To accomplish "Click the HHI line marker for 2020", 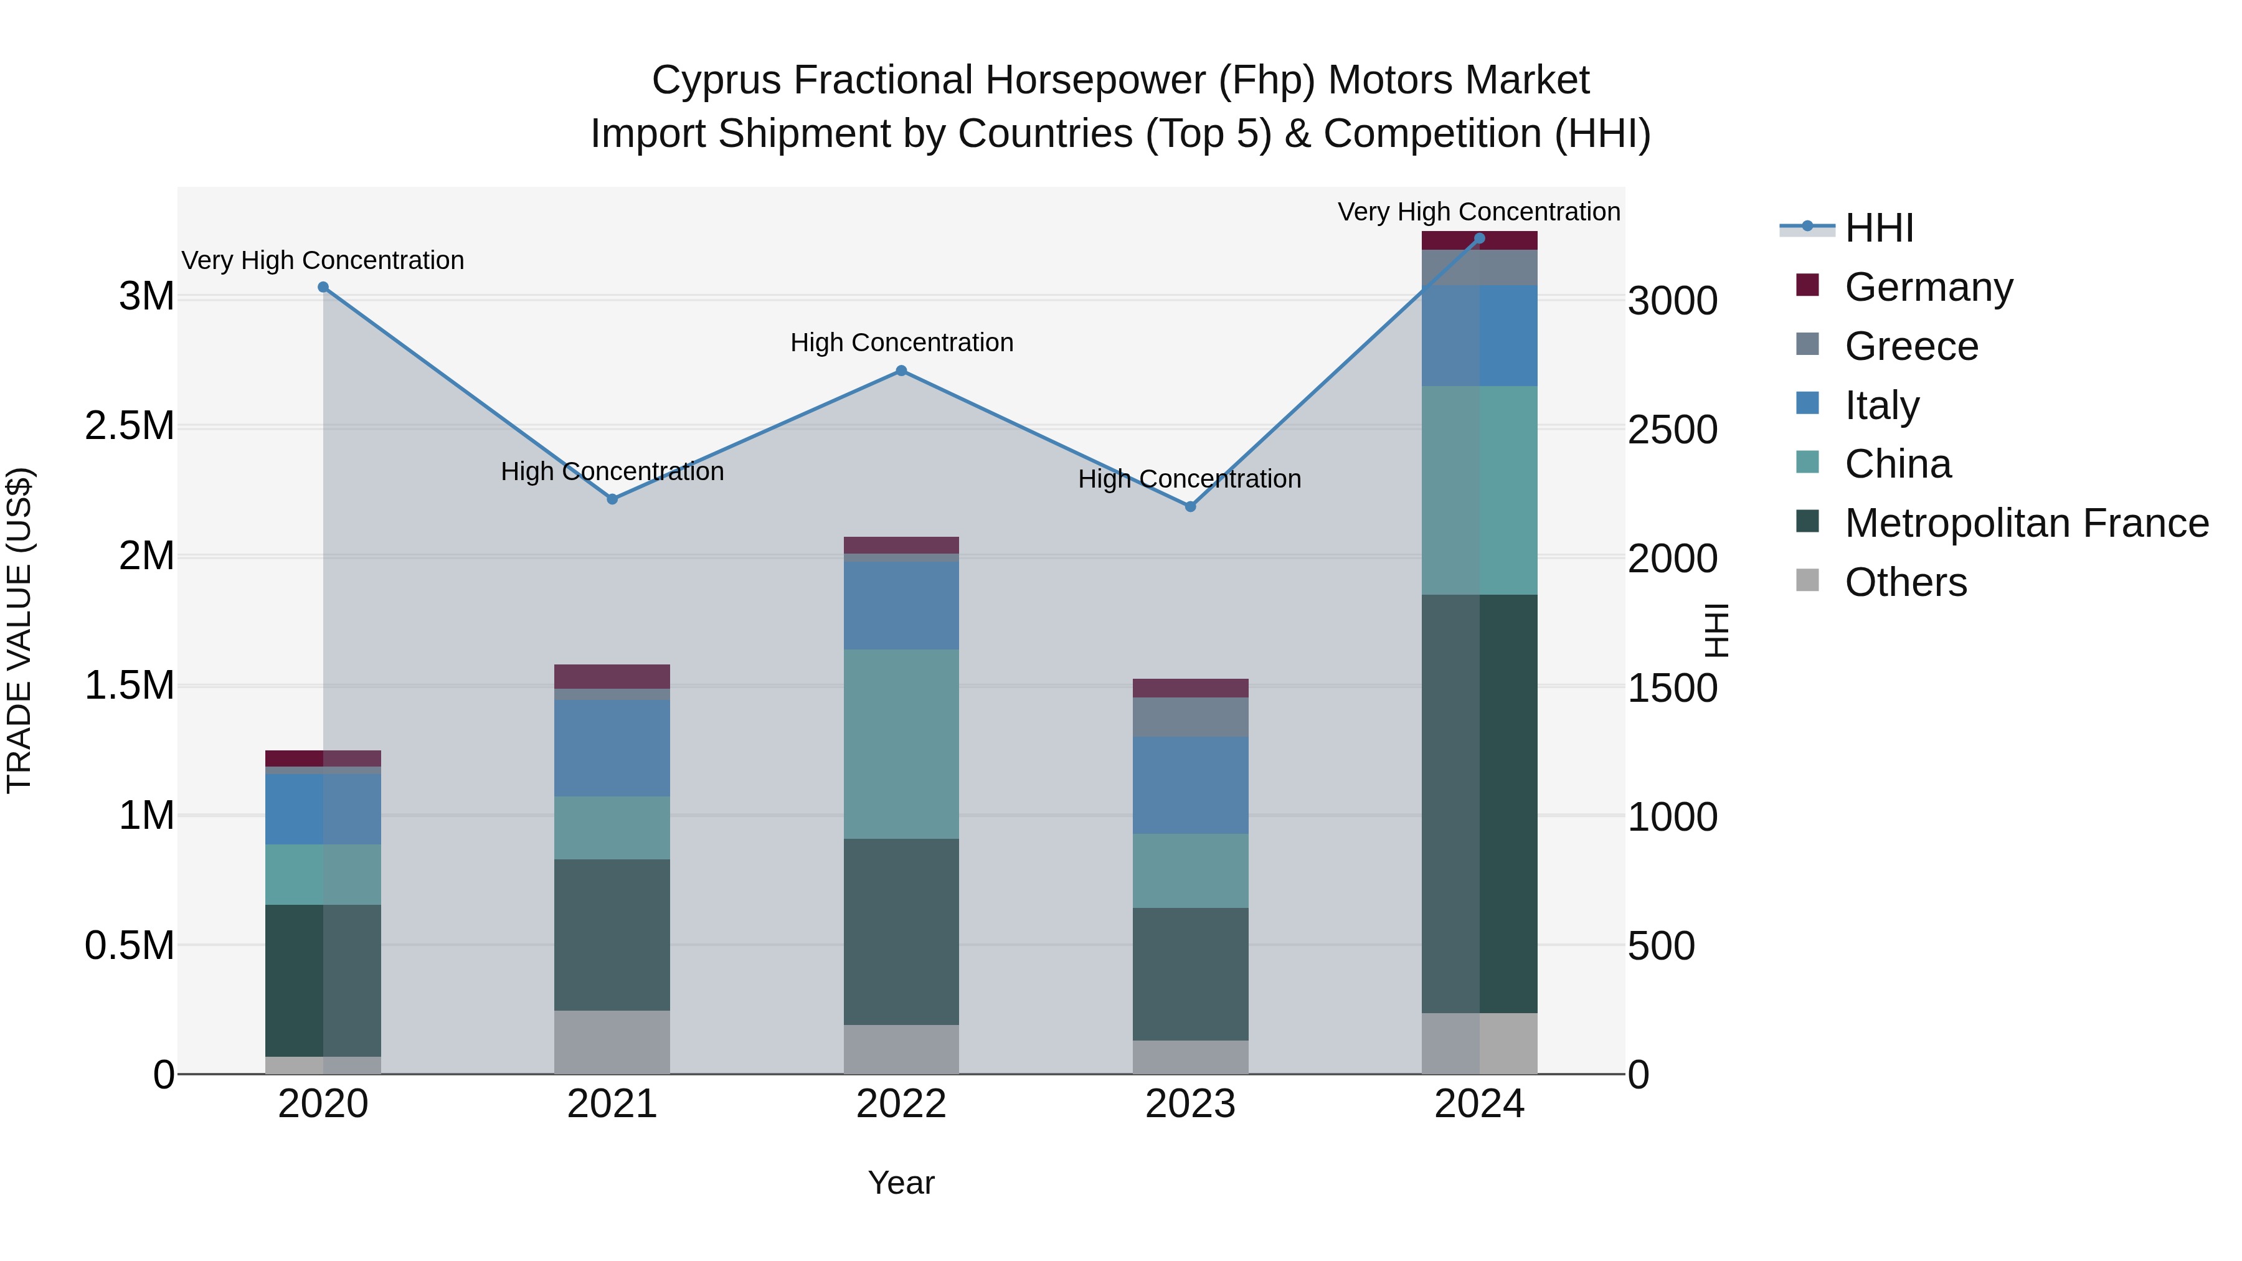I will (x=323, y=287).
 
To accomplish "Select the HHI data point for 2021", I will (x=612, y=499).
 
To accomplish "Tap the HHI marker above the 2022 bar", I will (x=901, y=371).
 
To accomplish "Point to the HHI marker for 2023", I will (x=1191, y=506).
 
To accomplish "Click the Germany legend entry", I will (x=1927, y=287).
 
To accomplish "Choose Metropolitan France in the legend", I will (x=2026, y=523).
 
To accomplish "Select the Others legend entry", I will (x=1905, y=582).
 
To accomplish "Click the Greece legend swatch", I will (x=1808, y=344).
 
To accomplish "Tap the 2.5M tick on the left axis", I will (x=130, y=427).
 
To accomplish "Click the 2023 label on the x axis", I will (x=1190, y=1104).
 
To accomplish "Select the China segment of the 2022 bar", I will (x=901, y=744).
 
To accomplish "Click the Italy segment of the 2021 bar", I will (x=612, y=749).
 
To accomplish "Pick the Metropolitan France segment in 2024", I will (x=1480, y=803).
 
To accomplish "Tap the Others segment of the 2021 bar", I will (x=612, y=1042).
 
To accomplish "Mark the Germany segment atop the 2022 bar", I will (x=901, y=545).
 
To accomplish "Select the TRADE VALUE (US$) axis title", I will (x=19, y=630).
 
